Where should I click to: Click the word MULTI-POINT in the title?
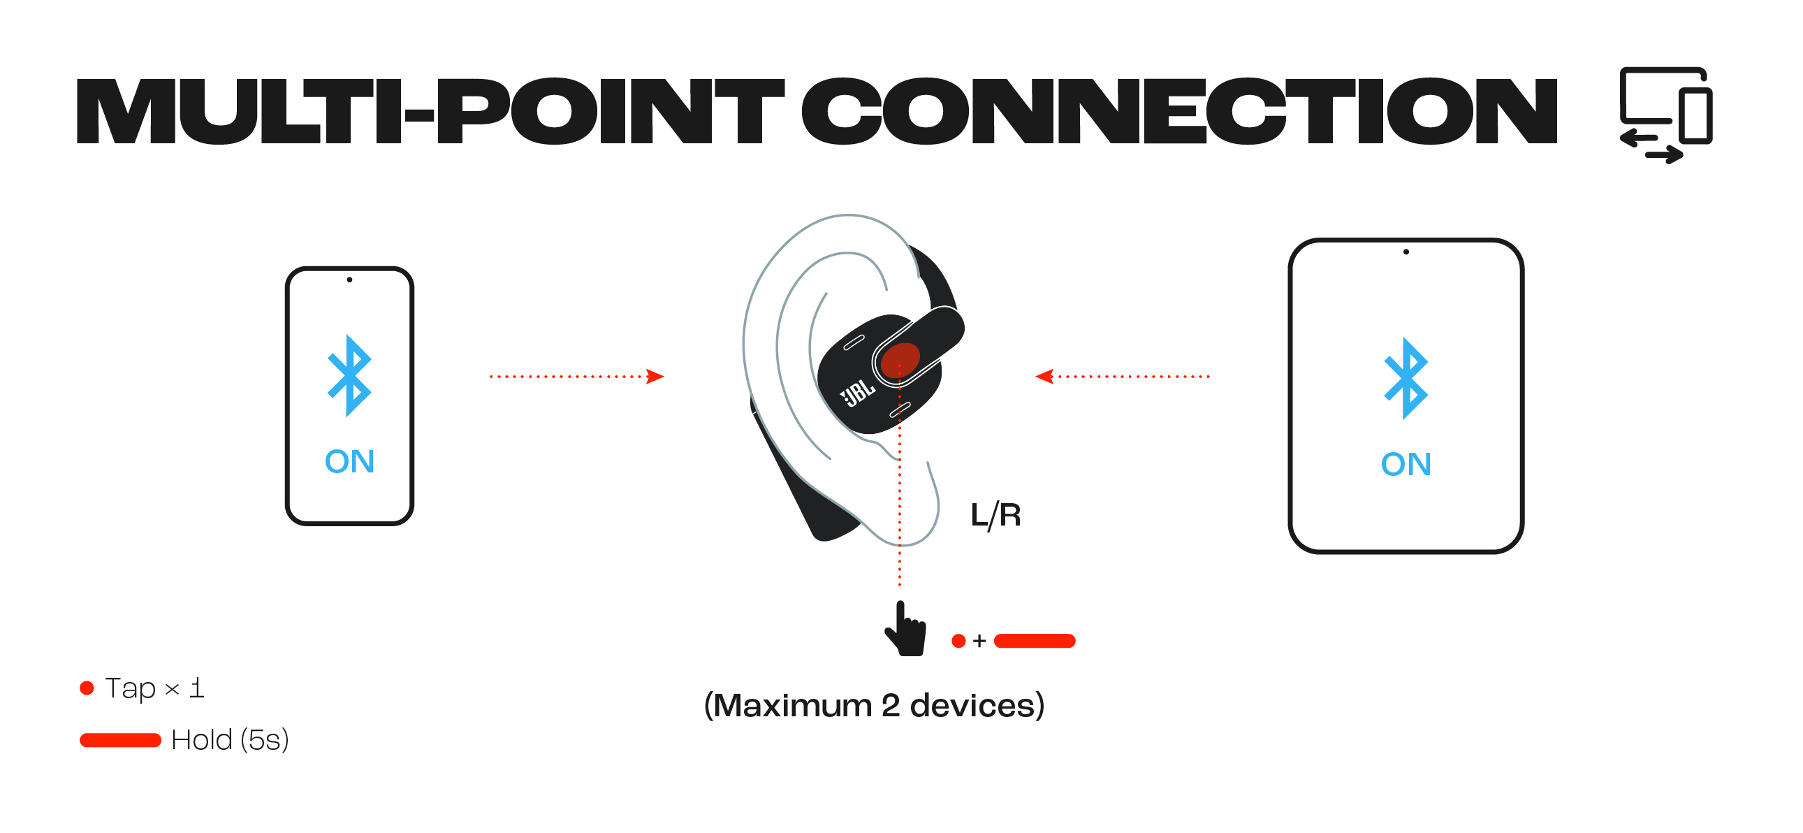[430, 112]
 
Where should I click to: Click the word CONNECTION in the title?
[1178, 112]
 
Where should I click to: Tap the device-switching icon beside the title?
[1665, 115]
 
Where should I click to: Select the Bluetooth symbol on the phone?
[349, 376]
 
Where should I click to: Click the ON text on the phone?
[349, 462]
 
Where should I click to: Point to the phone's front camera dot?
[349, 280]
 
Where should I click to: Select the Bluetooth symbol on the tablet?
[1405, 379]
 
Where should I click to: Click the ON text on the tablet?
[1405, 465]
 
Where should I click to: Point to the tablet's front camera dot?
[1406, 252]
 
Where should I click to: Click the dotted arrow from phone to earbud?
[576, 377]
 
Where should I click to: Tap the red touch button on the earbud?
[900, 360]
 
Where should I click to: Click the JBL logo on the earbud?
[857, 393]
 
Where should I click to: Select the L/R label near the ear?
[995, 516]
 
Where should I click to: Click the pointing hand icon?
[906, 630]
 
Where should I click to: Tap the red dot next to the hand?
[958, 642]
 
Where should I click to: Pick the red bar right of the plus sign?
[1034, 642]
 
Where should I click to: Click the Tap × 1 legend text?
[154, 689]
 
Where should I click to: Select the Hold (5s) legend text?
[230, 741]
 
